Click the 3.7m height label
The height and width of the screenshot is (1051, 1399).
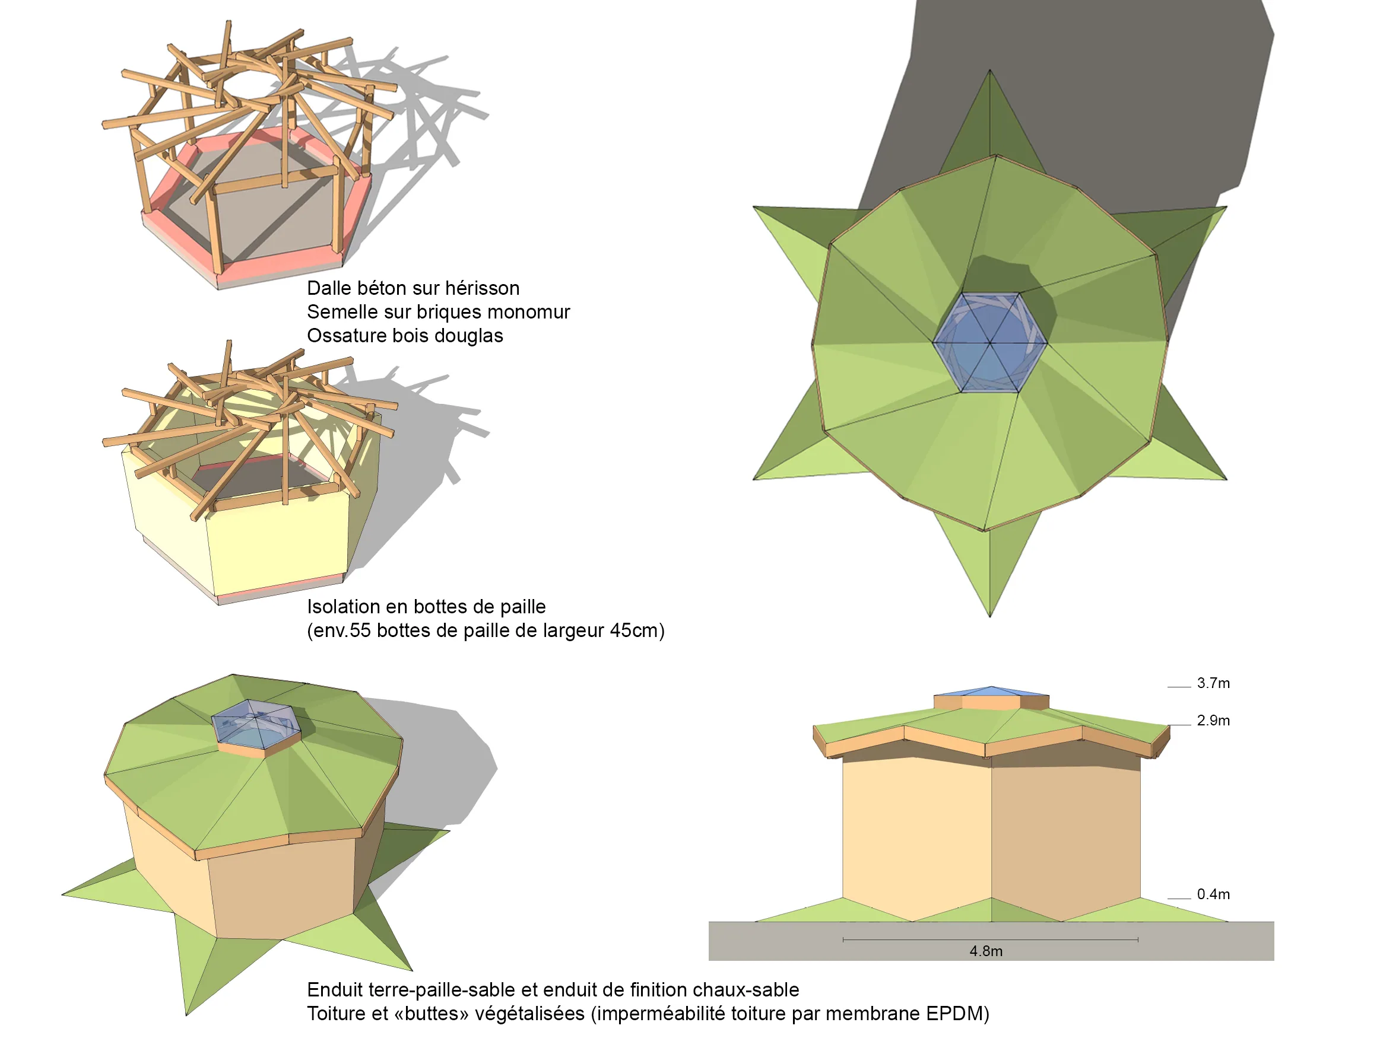[1213, 683]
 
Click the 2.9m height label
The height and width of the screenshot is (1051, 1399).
[1213, 721]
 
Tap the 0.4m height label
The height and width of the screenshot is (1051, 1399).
[1213, 894]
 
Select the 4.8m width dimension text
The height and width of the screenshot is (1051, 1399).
[986, 951]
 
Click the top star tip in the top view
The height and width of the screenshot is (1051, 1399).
[990, 70]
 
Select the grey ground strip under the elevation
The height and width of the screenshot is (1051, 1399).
[991, 941]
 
